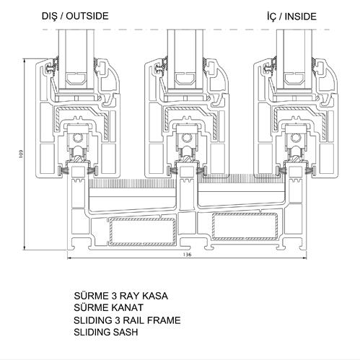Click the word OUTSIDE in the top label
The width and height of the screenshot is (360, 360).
pyautogui.click(x=87, y=16)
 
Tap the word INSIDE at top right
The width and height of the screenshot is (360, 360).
pyautogui.click(x=301, y=17)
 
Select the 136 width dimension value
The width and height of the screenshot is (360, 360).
pyautogui.click(x=187, y=255)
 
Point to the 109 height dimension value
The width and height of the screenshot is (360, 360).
pyautogui.click(x=21, y=154)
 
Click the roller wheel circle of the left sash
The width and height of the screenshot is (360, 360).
pyautogui.click(x=78, y=138)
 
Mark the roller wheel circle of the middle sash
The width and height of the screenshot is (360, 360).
pyautogui.click(x=186, y=138)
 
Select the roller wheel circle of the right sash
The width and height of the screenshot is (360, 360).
pyautogui.click(x=295, y=138)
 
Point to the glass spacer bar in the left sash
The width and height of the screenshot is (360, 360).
pyautogui.click(x=76, y=79)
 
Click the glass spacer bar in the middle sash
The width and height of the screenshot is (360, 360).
pyautogui.click(x=185, y=79)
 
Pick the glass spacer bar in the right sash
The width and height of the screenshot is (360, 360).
pyautogui.click(x=294, y=79)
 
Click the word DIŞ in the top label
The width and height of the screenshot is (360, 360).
pyautogui.click(x=50, y=17)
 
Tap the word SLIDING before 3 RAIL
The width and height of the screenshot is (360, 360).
pyautogui.click(x=92, y=320)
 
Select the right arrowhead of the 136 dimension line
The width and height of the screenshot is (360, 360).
pyautogui.click(x=304, y=258)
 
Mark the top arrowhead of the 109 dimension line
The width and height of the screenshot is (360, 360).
pyautogui.click(x=25, y=61)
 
